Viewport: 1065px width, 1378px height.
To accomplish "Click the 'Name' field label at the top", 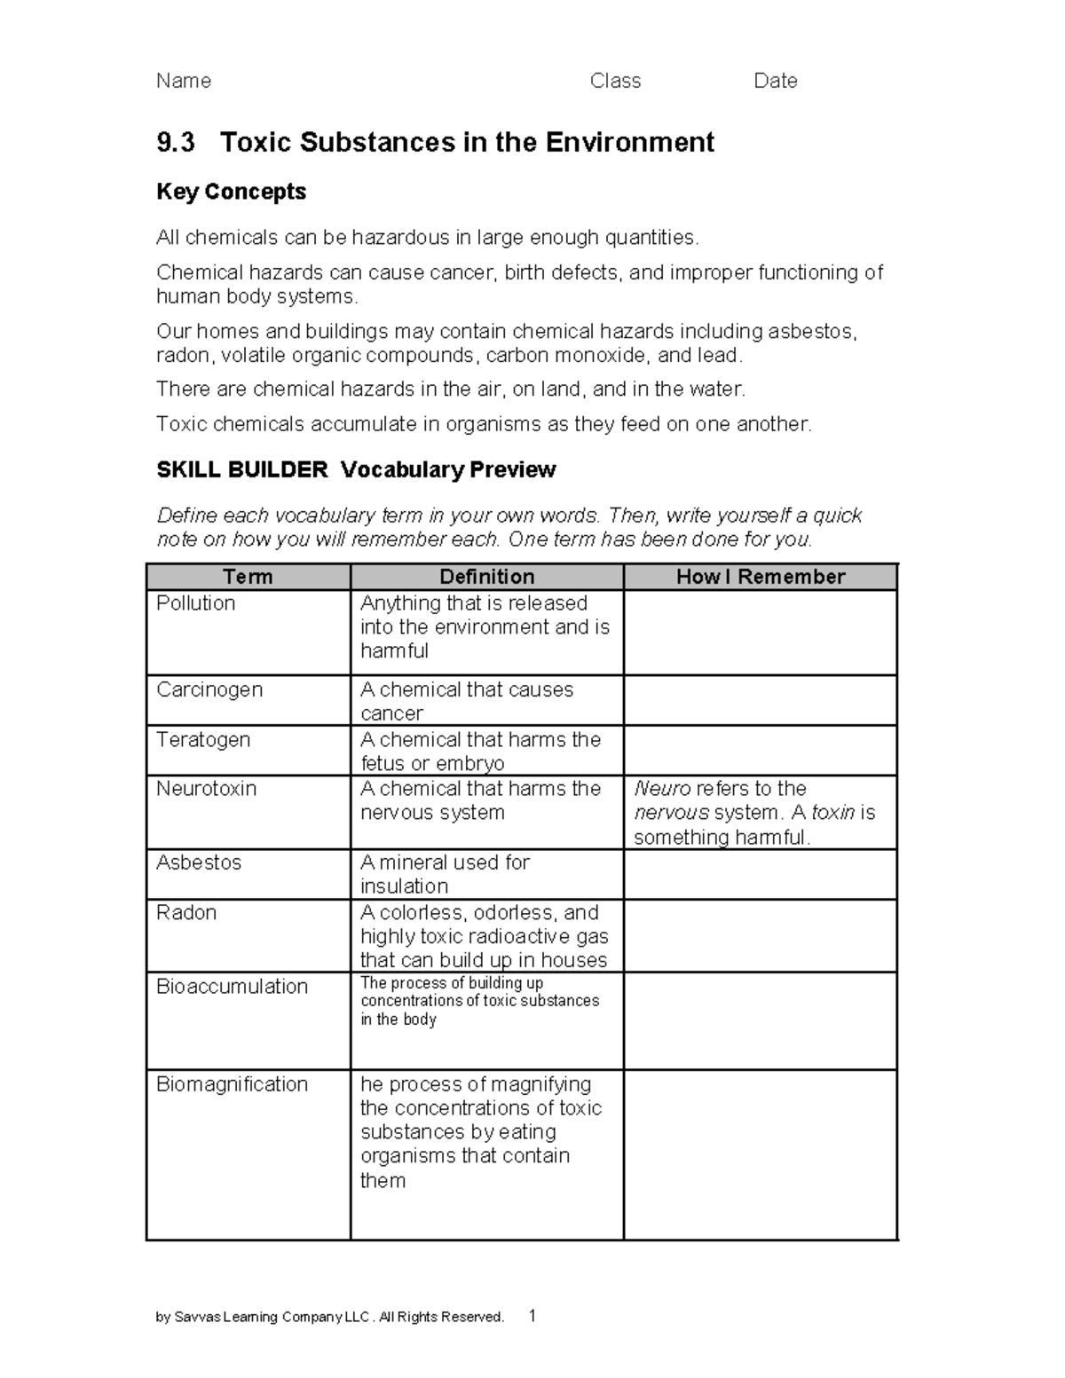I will pyautogui.click(x=184, y=81).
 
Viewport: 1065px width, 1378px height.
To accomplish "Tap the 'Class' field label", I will pyautogui.click(x=615, y=81).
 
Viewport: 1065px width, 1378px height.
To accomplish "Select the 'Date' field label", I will pyautogui.click(x=775, y=81).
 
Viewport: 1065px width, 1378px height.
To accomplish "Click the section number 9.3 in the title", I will pyautogui.click(x=175, y=142).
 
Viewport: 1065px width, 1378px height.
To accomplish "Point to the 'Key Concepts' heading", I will pyautogui.click(x=231, y=192).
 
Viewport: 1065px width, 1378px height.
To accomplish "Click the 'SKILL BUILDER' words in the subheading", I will pyautogui.click(x=241, y=469).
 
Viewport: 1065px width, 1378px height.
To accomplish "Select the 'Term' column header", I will pyautogui.click(x=248, y=577).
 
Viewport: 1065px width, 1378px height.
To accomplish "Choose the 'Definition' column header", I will pyautogui.click(x=486, y=577).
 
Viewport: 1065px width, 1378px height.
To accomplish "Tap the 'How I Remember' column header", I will pyautogui.click(x=760, y=577).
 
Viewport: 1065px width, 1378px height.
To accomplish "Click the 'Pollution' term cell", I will pyautogui.click(x=196, y=603).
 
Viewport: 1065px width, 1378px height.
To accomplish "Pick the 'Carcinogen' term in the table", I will pyautogui.click(x=209, y=689).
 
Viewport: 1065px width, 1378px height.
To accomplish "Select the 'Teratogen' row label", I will pyautogui.click(x=203, y=740).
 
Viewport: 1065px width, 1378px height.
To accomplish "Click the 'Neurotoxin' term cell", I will pyautogui.click(x=206, y=789).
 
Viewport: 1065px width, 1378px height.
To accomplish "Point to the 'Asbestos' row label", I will pyautogui.click(x=199, y=862).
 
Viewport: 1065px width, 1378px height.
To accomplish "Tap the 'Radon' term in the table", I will pyautogui.click(x=186, y=912).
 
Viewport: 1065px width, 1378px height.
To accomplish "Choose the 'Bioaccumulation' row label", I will pyautogui.click(x=232, y=987).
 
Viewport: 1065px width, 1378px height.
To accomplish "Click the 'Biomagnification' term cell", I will pyautogui.click(x=232, y=1084).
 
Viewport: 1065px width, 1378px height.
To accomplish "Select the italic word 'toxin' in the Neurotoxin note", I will pyautogui.click(x=832, y=813).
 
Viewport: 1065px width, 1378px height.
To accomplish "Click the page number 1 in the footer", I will pyautogui.click(x=532, y=1315).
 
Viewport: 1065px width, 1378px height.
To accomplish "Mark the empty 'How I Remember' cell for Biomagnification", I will pyautogui.click(x=760, y=1154).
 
